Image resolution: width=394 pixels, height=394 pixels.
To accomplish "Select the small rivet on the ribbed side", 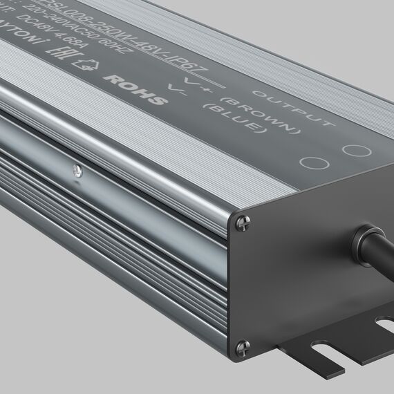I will pyautogui.click(x=76, y=167).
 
